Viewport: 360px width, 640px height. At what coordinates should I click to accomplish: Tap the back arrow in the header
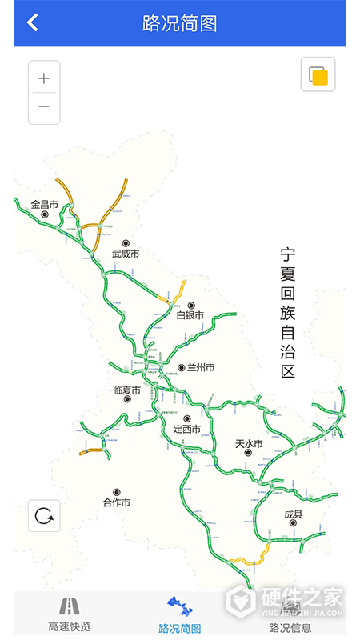coord(32,22)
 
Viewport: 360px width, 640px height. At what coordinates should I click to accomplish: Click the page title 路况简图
coord(180,23)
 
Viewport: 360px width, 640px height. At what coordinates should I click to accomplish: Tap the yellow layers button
coord(318,75)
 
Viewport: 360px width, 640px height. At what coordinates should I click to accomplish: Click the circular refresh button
coord(44,516)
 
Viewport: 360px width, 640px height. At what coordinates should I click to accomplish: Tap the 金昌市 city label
coord(45,205)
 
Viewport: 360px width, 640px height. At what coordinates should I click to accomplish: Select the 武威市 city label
coord(126,254)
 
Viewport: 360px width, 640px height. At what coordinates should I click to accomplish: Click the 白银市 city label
coord(190,315)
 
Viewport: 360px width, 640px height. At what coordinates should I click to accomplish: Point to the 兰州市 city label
coord(201,368)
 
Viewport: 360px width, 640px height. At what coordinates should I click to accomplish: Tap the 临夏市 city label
coord(126,390)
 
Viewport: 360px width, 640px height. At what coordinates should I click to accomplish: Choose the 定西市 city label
coord(186,429)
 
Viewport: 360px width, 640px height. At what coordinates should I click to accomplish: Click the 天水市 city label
coord(249,443)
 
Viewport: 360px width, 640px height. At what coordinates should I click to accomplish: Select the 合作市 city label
coord(117,502)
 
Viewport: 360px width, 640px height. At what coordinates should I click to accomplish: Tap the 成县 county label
coord(294,514)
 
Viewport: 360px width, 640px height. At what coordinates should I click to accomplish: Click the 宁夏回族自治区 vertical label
coord(288,312)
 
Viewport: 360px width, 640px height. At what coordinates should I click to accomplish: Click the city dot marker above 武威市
coord(126,243)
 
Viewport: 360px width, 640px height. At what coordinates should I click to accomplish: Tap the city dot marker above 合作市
coord(117,492)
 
